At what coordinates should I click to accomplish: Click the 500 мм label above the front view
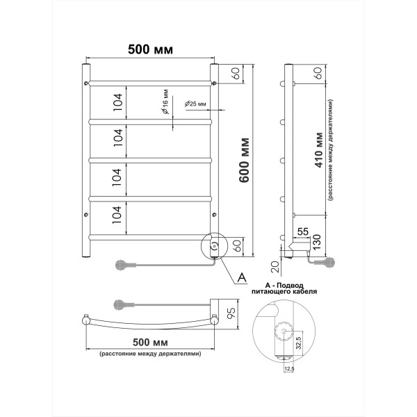click(150, 49)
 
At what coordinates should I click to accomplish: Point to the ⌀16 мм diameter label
click(165, 104)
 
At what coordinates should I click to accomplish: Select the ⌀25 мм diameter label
click(195, 104)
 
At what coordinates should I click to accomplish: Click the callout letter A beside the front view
click(241, 277)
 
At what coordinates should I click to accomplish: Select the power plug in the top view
click(120, 303)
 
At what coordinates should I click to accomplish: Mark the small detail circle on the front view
click(215, 245)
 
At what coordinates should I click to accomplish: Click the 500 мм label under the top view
click(150, 343)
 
